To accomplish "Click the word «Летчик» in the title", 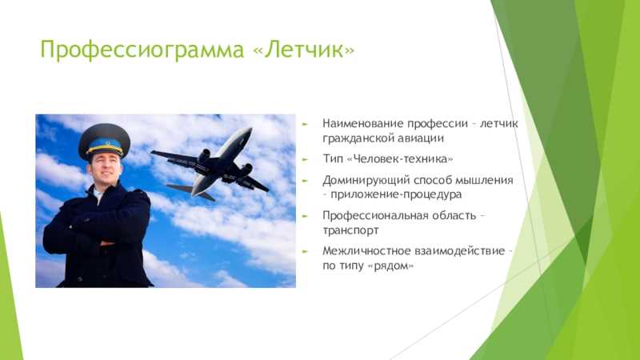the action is tap(304, 50).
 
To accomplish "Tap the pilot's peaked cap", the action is tap(105, 142).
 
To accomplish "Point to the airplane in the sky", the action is tap(210, 164).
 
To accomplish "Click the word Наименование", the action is tap(363, 123).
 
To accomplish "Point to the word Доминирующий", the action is tap(366, 181).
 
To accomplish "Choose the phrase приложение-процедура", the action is tap(396, 194).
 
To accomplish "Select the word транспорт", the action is tap(350, 230).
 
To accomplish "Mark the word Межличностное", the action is tap(366, 250).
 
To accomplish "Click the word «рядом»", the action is tap(390, 266).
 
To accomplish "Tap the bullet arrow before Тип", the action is tap(305, 159).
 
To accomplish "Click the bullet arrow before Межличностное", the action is tap(305, 251).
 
